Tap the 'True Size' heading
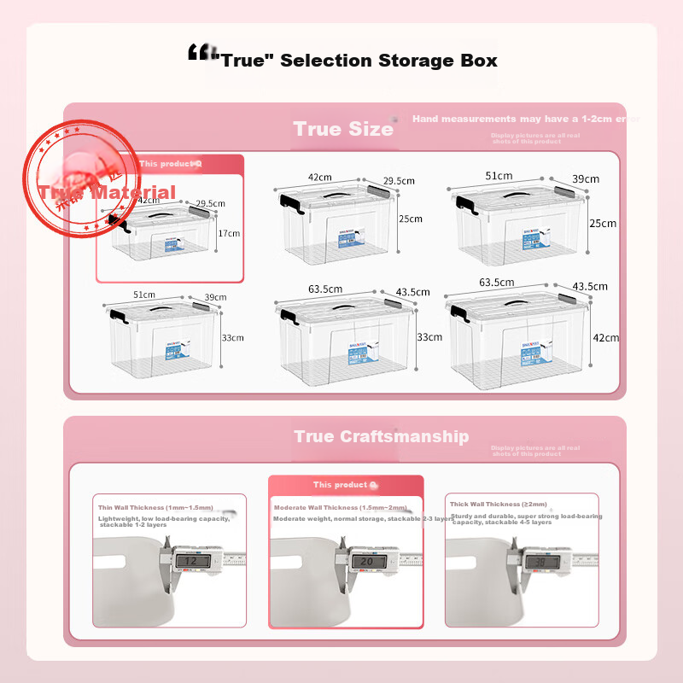(x=343, y=129)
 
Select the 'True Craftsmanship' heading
(x=381, y=436)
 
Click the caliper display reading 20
(x=365, y=562)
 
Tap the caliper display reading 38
(x=540, y=562)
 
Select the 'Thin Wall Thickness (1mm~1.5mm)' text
(x=155, y=507)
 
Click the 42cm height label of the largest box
(x=606, y=338)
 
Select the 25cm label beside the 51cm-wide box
(x=602, y=224)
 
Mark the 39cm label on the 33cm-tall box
(x=215, y=297)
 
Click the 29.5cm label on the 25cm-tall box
(x=398, y=181)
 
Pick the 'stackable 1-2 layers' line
(x=133, y=525)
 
